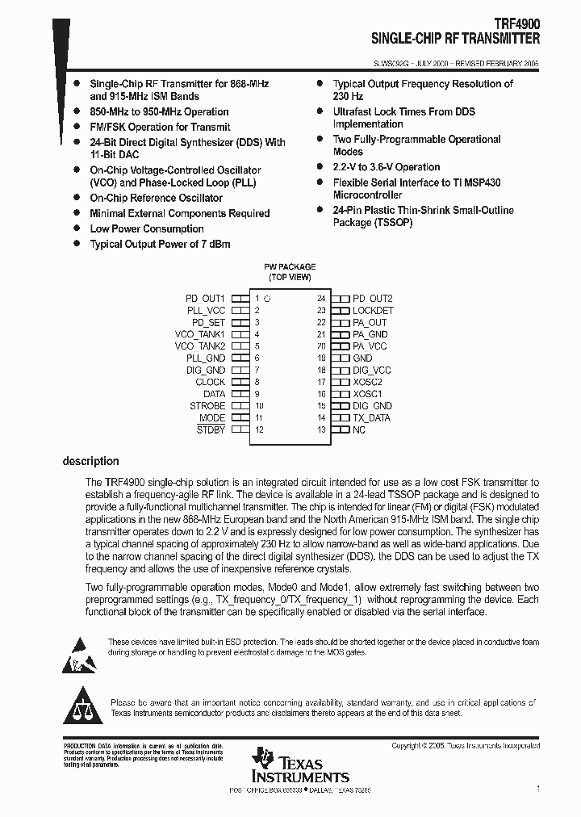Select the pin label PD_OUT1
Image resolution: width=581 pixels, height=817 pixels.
[x=205, y=299]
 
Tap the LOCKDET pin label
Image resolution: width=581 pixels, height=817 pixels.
[x=373, y=311]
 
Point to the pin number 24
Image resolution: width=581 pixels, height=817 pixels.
[x=321, y=299]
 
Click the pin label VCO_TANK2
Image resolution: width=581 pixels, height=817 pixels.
[x=200, y=346]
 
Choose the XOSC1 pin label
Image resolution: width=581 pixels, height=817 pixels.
[x=367, y=394]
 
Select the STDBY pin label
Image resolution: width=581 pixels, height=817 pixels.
[x=211, y=430]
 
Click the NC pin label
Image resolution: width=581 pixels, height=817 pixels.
[x=359, y=430]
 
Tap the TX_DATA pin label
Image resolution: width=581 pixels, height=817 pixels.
[x=371, y=418]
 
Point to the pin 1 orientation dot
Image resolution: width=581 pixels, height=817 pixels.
[x=267, y=299]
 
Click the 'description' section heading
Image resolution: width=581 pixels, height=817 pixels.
[x=90, y=462]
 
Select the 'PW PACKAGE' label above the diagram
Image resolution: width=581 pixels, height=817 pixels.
[x=290, y=267]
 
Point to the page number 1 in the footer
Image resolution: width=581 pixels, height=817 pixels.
[x=537, y=789]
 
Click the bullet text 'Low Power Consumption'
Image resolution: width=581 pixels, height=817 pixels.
[x=146, y=229]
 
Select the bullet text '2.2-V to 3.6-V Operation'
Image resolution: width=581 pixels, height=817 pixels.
[x=387, y=167]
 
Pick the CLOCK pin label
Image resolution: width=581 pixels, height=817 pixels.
[x=210, y=383]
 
